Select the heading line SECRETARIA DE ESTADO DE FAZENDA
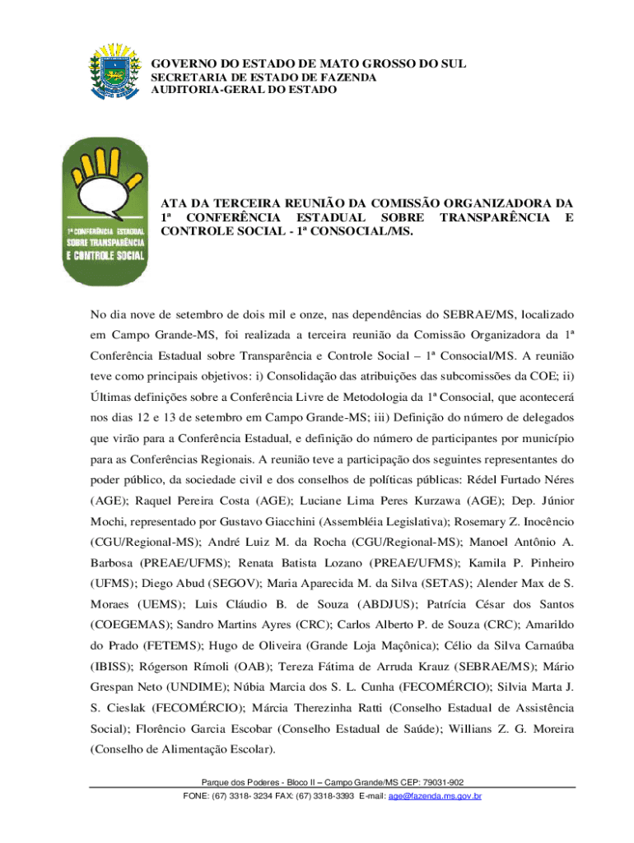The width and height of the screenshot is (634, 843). point(263,77)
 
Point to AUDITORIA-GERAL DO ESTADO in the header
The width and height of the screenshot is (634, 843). point(243,89)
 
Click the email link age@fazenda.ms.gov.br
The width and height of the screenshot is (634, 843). point(442,797)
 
